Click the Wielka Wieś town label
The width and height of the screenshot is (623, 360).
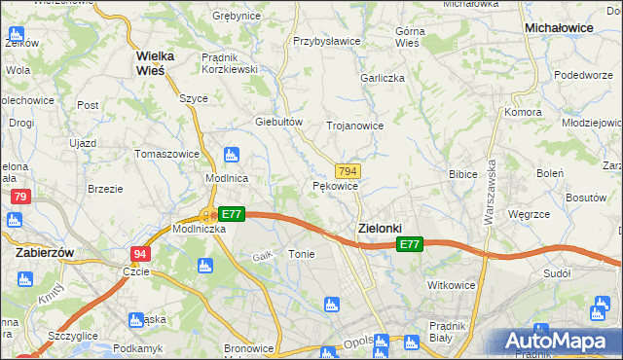coord(155,62)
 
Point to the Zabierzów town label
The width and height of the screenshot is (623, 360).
coord(47,251)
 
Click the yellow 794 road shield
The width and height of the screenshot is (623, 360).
coord(348,169)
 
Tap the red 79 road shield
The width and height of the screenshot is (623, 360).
coord(19,197)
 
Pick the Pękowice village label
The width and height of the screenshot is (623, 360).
coord(336,185)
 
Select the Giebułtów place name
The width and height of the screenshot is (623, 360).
coord(279,122)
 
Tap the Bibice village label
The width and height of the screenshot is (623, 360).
coord(461,175)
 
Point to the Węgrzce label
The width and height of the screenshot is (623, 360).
coord(531,215)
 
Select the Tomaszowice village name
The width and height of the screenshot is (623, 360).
coord(167,154)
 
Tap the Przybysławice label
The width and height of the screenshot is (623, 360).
coord(327,42)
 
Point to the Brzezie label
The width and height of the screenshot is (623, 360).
coord(104,189)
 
